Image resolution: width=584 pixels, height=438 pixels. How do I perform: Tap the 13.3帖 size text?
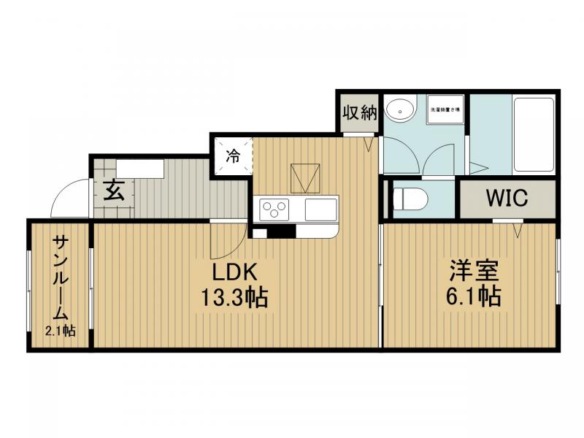pyautogui.click(x=233, y=298)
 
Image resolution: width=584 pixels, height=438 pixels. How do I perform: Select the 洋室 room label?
pyautogui.click(x=474, y=272)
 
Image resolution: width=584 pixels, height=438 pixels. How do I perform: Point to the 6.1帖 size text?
pyautogui.click(x=474, y=297)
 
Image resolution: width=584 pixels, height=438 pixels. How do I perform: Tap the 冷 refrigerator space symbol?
pyautogui.click(x=233, y=155)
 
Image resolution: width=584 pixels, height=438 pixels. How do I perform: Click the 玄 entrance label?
pyautogui.click(x=113, y=191)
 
